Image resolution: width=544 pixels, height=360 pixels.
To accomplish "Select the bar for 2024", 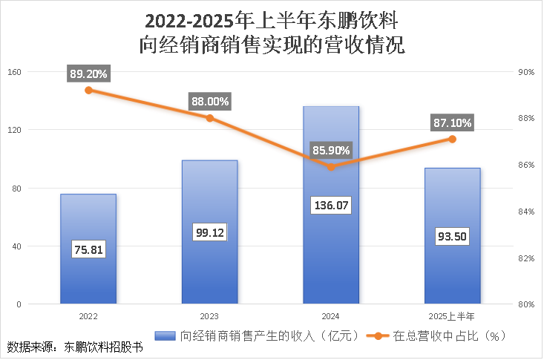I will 331,245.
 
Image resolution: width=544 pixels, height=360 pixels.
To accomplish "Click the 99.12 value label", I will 209,232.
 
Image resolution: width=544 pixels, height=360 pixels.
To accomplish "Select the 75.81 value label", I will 88,249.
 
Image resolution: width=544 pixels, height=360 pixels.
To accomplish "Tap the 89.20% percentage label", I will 88,73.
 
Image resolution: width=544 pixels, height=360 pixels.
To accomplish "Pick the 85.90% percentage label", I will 331,151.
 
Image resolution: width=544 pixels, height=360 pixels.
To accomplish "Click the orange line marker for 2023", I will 210,118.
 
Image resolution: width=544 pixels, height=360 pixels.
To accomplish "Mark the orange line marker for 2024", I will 331,166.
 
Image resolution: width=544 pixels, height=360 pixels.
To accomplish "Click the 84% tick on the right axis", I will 525,212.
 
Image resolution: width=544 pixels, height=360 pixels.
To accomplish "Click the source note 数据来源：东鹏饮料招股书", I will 74,347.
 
